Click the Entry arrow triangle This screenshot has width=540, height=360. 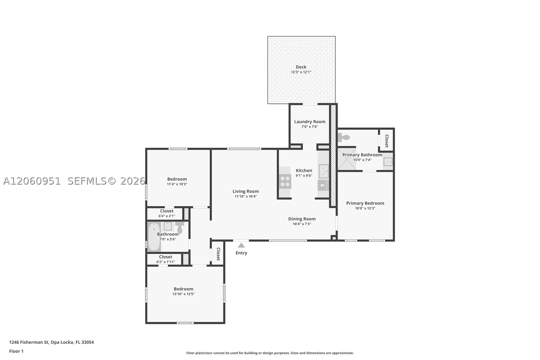click(241, 245)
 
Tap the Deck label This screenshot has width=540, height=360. click(301, 67)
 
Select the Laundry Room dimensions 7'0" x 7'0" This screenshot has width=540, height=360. click(310, 127)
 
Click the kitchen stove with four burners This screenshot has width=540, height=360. click(285, 181)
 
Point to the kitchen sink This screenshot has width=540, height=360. click(324, 171)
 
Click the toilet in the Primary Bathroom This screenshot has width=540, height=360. click(344, 138)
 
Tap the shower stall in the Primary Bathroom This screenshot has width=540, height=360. click(347, 159)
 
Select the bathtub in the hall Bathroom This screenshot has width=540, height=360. click(154, 237)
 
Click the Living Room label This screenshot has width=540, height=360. click(246, 191)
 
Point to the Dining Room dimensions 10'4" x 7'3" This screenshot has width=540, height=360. click(302, 224)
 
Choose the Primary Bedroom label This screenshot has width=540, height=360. click(365, 203)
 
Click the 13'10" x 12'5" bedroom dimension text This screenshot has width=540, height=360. click(184, 294)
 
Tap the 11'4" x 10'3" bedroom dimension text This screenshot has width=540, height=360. click(177, 184)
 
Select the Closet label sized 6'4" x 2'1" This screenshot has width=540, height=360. click(167, 211)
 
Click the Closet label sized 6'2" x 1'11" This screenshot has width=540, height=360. click(165, 257)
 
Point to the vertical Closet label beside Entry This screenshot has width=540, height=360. click(218, 254)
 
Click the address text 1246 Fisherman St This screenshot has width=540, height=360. click(29, 342)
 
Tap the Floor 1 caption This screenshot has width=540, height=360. click(17, 351)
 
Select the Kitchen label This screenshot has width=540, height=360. click(304, 171)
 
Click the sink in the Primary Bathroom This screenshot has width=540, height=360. click(388, 162)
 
